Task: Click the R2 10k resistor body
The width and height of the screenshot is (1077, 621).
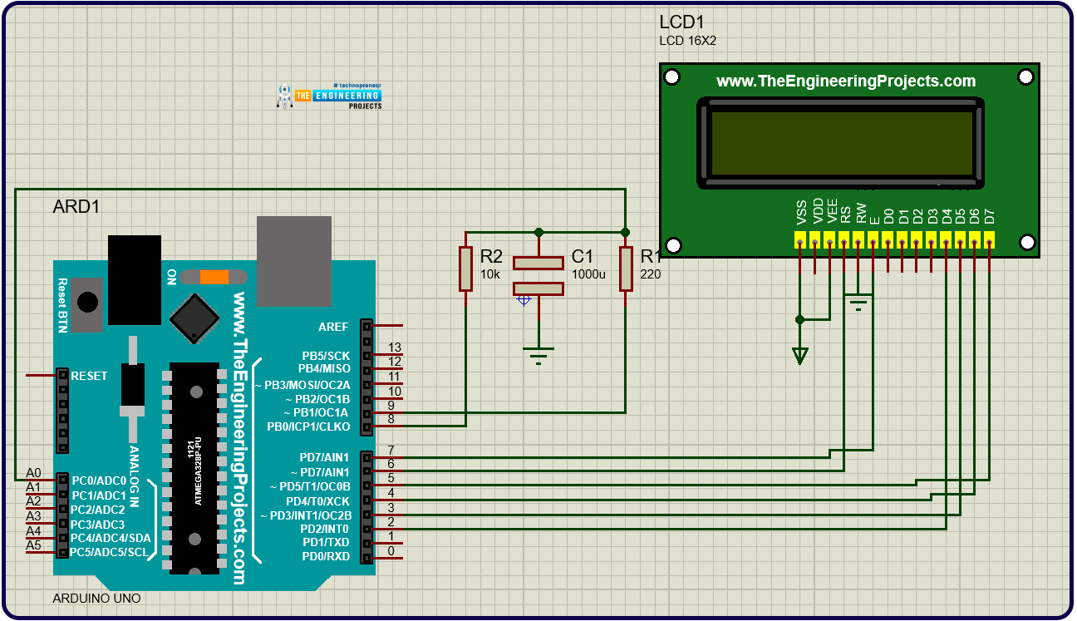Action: tap(465, 269)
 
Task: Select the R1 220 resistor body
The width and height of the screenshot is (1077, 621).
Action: tap(626, 269)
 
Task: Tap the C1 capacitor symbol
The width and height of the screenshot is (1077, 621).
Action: tap(538, 276)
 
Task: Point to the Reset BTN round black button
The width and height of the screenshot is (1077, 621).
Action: tap(87, 303)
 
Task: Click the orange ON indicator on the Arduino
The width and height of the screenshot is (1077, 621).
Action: tap(214, 277)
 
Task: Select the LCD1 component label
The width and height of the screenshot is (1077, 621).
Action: tap(681, 22)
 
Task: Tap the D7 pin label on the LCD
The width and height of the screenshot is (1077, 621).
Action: tap(989, 216)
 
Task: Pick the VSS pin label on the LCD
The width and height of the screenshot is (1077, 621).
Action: tap(801, 213)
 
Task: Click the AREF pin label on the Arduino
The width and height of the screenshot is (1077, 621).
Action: tap(333, 327)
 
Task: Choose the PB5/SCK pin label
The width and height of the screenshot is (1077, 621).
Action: tap(326, 356)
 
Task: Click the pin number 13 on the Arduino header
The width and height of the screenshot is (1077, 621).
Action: tap(394, 347)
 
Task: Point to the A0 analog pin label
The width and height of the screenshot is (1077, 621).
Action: tap(33, 473)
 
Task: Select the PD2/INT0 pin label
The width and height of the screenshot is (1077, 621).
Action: tap(325, 529)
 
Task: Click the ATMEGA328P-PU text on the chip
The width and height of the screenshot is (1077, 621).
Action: tap(198, 471)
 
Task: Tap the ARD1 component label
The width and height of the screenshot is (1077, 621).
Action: tap(76, 207)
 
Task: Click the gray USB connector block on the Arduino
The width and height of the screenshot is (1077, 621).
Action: tap(294, 261)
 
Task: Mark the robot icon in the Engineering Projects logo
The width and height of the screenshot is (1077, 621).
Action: tap(285, 96)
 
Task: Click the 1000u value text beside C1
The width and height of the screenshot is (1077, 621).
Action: tap(588, 274)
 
